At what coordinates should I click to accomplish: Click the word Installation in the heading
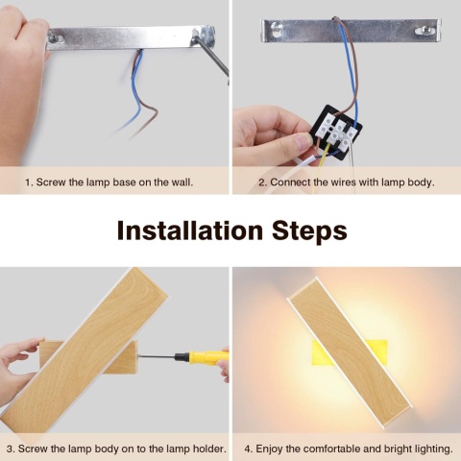(x=189, y=230)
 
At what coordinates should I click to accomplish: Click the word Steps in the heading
(x=309, y=231)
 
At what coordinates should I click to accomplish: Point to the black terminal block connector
(x=335, y=132)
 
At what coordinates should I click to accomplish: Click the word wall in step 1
(x=182, y=182)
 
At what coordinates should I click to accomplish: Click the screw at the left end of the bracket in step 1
(x=54, y=38)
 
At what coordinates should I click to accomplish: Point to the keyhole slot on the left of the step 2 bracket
(x=277, y=27)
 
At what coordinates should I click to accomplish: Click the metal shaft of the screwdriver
(x=156, y=356)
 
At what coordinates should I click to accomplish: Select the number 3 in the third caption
(x=10, y=449)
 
